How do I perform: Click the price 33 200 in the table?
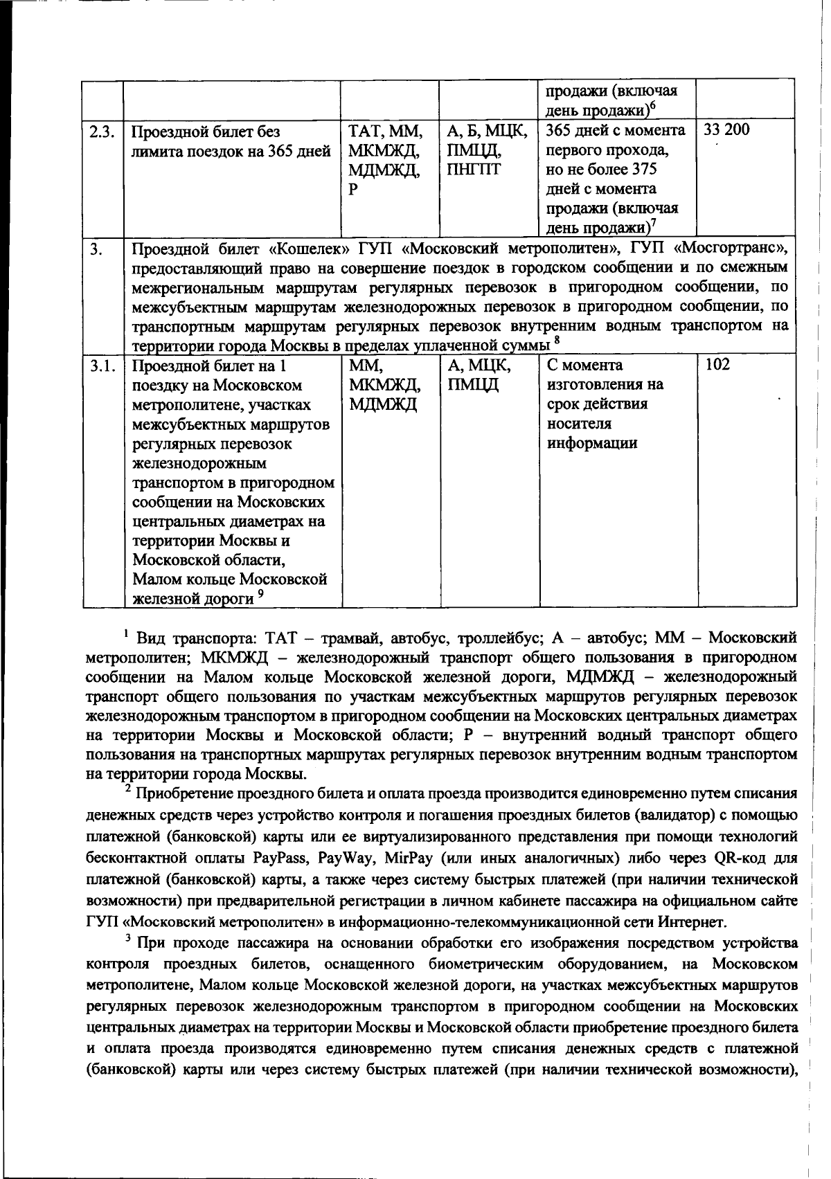[x=726, y=130]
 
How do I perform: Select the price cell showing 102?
[x=717, y=365]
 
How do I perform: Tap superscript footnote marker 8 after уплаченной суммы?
[x=557, y=340]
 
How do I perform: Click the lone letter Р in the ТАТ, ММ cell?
[x=352, y=189]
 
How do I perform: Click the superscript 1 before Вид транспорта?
[x=127, y=632]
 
